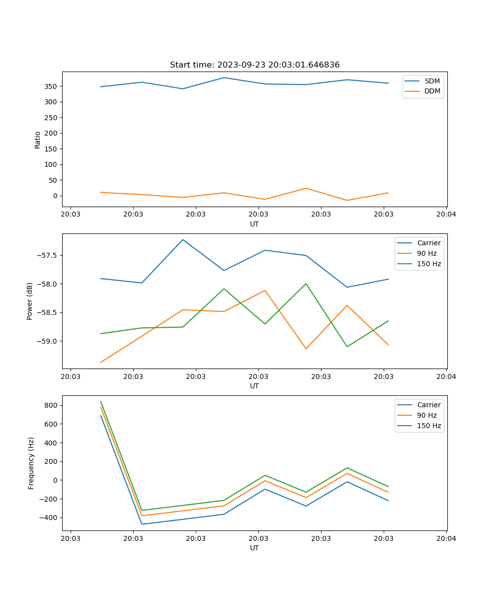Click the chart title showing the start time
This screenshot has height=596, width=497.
click(254, 65)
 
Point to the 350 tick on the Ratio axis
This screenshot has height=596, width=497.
click(52, 86)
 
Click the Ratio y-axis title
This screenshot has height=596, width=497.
click(38, 140)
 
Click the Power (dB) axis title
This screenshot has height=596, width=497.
click(30, 301)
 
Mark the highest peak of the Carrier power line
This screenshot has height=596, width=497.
click(183, 239)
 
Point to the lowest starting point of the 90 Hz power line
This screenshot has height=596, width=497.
click(101, 362)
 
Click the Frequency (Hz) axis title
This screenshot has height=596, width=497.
click(31, 463)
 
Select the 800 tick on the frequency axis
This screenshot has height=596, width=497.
click(52, 405)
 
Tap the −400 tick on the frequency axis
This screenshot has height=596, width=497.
click(50, 518)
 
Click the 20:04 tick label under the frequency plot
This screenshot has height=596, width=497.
click(446, 538)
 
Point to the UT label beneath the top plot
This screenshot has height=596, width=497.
click(254, 224)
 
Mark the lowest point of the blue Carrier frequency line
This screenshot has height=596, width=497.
click(142, 524)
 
